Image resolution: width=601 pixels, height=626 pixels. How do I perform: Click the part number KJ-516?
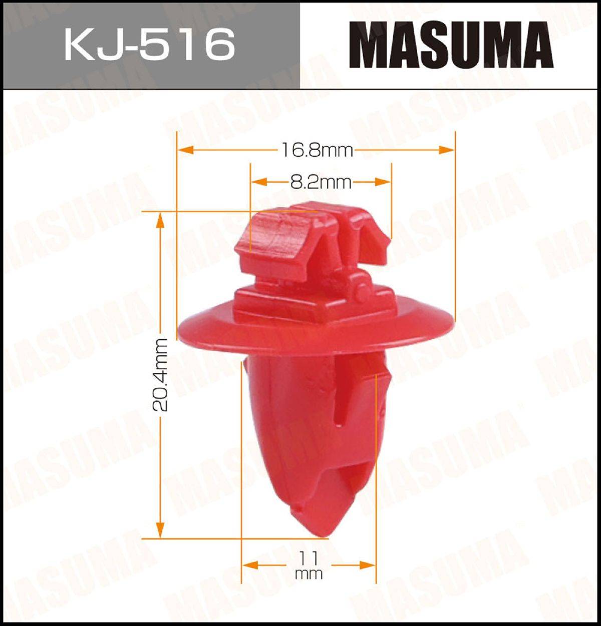150,44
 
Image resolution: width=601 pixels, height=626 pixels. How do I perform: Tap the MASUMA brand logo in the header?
451,45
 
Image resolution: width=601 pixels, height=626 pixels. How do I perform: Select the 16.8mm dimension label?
317,151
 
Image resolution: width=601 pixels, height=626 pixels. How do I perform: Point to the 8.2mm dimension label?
321,182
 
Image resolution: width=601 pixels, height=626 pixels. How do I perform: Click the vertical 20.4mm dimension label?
160,375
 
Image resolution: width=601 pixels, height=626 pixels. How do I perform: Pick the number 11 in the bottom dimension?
308,558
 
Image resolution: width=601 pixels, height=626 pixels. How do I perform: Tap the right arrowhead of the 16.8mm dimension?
447,150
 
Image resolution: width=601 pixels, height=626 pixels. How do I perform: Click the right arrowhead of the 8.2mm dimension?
383,182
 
